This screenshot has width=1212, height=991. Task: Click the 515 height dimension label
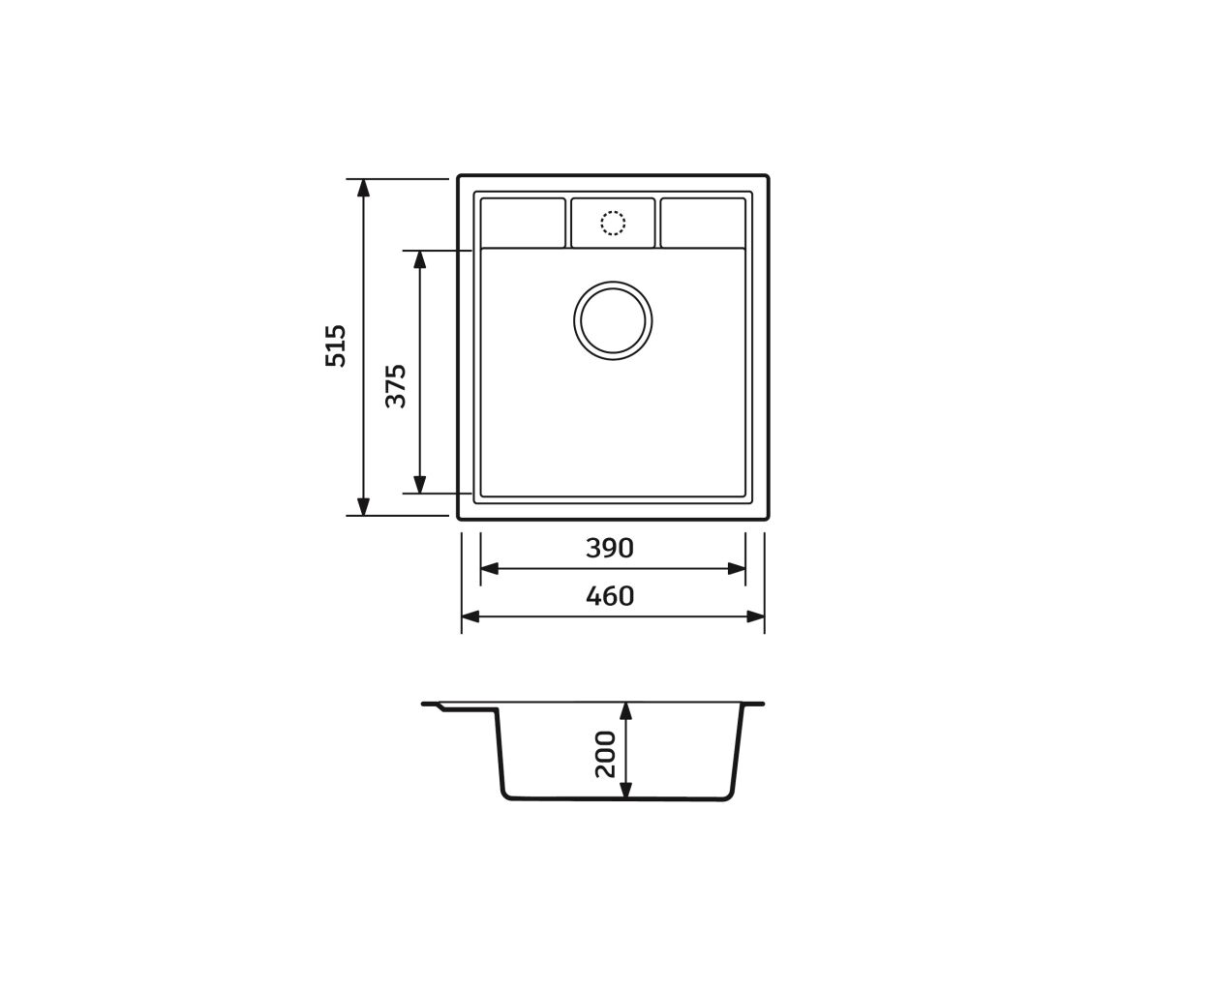pos(336,345)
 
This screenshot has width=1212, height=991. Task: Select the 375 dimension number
pos(395,386)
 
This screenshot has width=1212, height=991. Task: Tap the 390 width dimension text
pos(610,548)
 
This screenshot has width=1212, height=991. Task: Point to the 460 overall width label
pos(610,596)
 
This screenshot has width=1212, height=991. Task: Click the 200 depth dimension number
pos(605,754)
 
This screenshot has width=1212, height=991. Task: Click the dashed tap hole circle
pos(613,223)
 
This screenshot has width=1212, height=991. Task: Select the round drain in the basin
pos(613,320)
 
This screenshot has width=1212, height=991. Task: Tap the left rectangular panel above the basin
pos(523,223)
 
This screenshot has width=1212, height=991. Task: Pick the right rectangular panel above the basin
pos(703,223)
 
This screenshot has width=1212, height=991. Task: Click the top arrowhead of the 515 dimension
pos(363,188)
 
